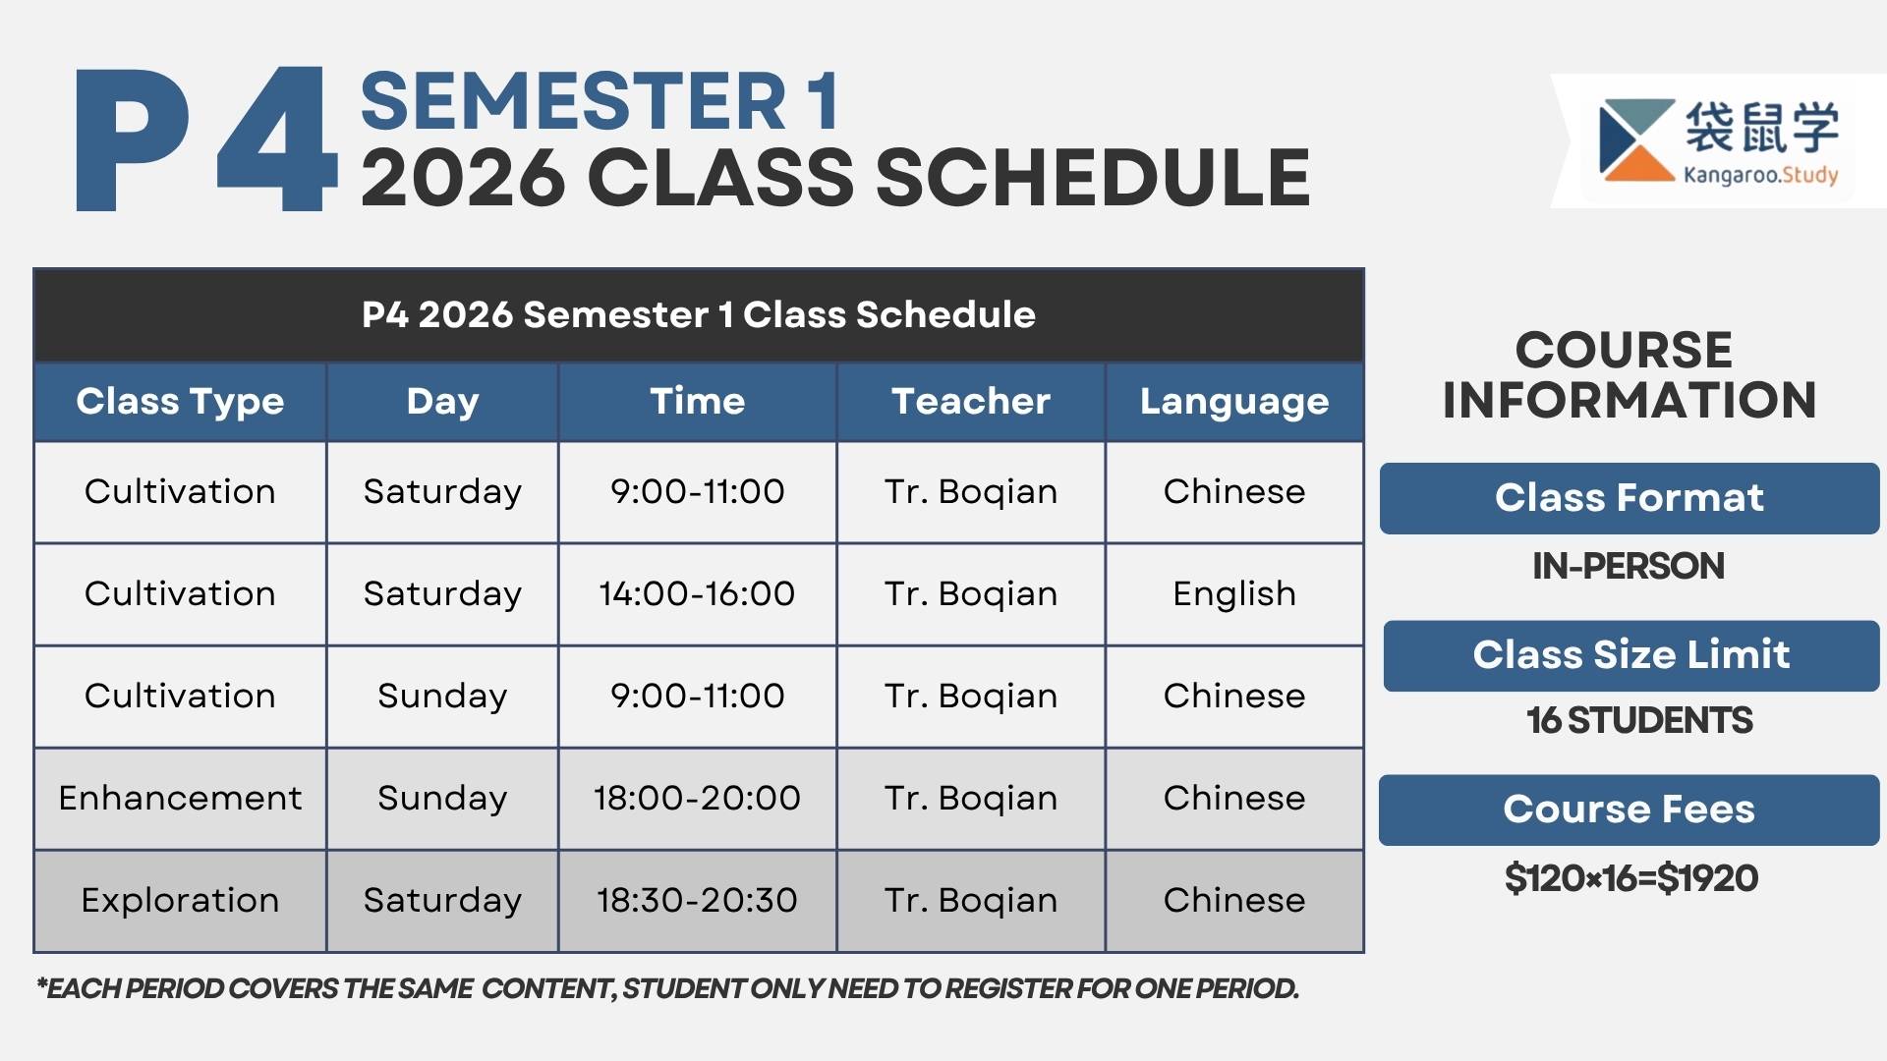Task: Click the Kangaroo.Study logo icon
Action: coord(1637,140)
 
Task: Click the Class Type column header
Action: coord(180,401)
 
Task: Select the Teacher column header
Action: coord(971,401)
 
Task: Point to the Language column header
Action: coord(1234,402)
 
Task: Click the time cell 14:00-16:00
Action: coord(697,593)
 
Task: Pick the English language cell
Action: coord(1234,594)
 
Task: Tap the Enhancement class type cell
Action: coord(180,798)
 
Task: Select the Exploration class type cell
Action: coord(180,900)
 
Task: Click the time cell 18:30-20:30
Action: coord(697,900)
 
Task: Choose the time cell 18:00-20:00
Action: coord(697,798)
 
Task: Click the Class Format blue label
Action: coord(1630,498)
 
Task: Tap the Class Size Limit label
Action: coord(1631,655)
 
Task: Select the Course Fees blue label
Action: coord(1630,810)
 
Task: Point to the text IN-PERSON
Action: coord(1629,566)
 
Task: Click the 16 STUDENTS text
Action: coord(1639,720)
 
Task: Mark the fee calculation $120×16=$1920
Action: coord(1631,878)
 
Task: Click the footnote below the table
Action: coord(667,988)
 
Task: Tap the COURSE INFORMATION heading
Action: coord(1629,375)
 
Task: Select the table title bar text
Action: coord(699,315)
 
